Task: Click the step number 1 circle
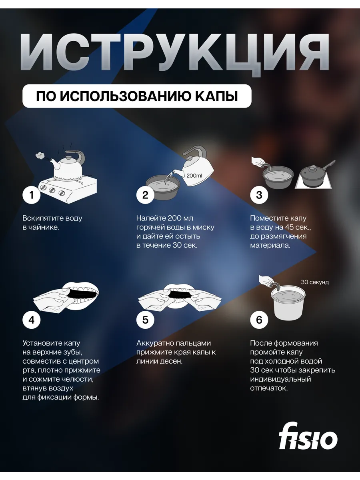point(32,195)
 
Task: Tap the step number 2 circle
point(145,195)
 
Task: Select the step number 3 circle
point(259,195)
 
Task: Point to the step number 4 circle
point(32,320)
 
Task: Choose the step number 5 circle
point(145,320)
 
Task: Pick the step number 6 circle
point(259,320)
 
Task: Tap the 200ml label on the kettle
point(194,176)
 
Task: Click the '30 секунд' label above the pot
point(315,282)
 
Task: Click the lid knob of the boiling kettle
point(68,158)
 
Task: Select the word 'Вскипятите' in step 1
point(40,218)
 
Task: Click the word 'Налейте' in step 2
point(151,218)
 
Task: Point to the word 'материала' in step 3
point(270,245)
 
